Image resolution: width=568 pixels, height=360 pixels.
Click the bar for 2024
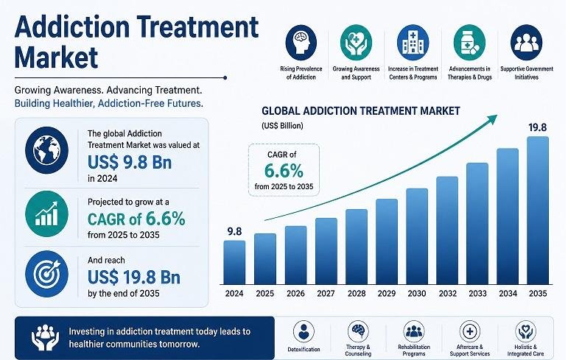tap(234, 262)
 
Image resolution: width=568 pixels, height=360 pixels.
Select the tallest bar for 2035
tap(538, 211)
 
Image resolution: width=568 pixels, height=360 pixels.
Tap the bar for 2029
tap(387, 241)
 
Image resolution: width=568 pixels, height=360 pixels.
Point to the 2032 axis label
tap(447, 293)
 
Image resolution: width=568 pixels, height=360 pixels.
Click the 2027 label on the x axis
tap(326, 293)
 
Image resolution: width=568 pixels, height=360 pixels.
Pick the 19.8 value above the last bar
tap(538, 127)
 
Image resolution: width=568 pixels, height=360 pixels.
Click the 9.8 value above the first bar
tap(234, 231)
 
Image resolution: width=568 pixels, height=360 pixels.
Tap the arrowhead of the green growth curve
tap(492, 119)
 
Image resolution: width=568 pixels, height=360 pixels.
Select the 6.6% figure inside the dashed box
tap(284, 171)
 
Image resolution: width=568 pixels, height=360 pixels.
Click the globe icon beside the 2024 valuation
tap(46, 150)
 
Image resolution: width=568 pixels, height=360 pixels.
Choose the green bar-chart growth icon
tap(46, 213)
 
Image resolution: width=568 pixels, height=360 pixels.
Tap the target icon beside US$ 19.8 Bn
tap(46, 274)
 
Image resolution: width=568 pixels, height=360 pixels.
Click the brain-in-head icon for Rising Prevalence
tap(301, 43)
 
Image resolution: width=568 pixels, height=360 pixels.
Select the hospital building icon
tap(413, 43)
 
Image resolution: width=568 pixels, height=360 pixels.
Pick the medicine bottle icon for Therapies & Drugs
tap(469, 43)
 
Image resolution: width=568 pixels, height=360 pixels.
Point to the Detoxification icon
tap(304, 331)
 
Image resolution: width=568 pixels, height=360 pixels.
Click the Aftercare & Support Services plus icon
tap(469, 331)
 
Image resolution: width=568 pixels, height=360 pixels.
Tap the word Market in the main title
tap(57, 57)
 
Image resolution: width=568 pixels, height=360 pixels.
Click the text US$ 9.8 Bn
tap(130, 162)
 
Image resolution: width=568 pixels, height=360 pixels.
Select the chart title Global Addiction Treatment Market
tap(361, 111)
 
